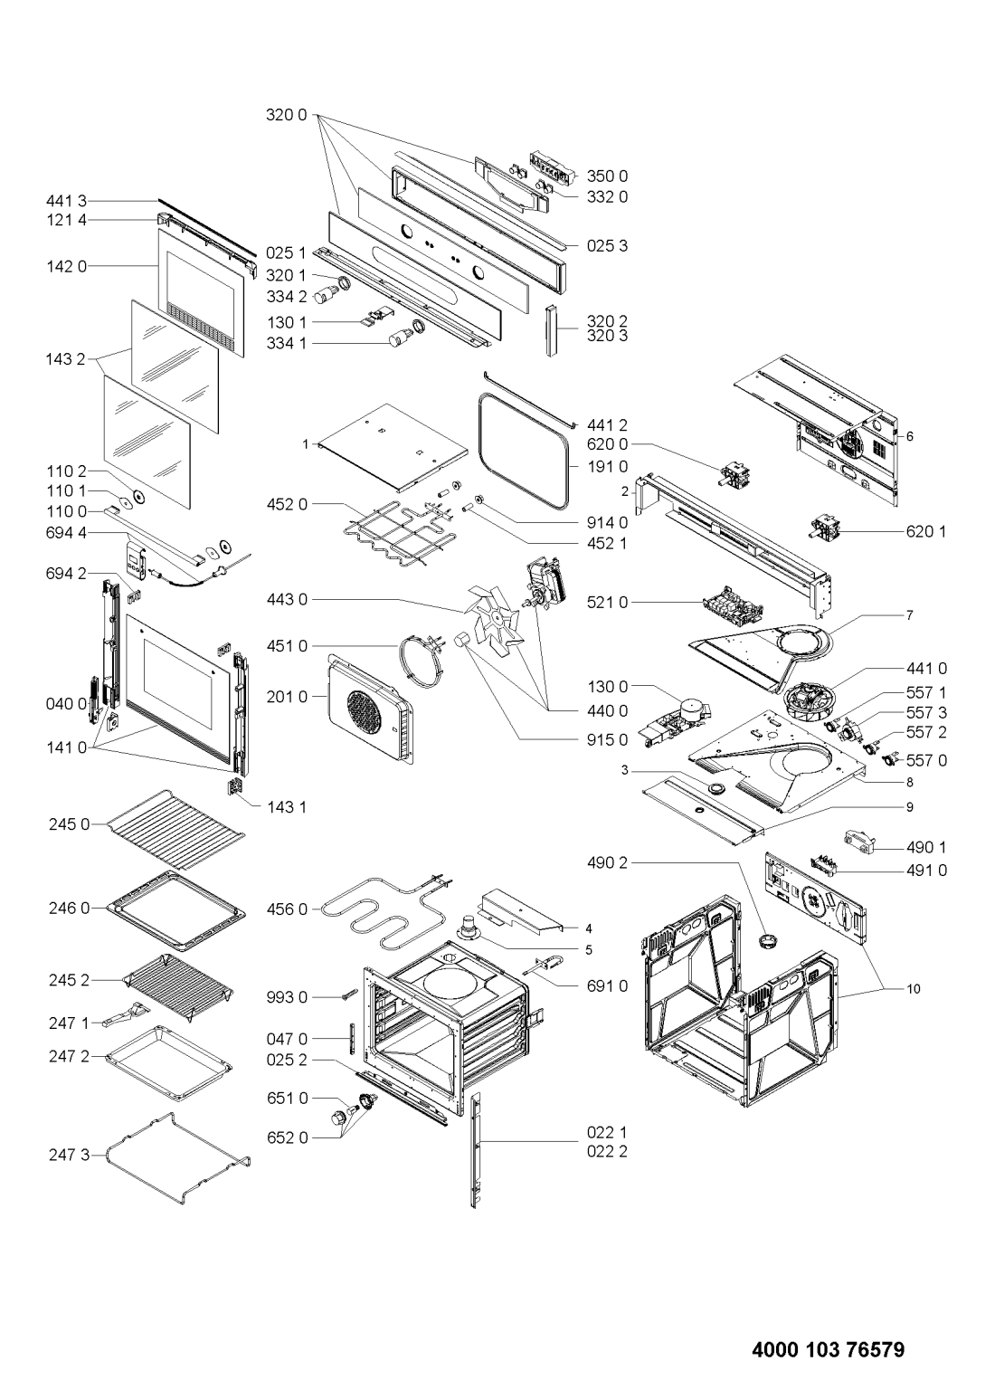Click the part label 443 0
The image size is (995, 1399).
pos(287,600)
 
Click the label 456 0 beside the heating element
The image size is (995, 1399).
pos(287,909)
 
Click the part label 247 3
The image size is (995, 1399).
pos(70,1156)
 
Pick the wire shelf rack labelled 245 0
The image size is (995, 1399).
pos(176,830)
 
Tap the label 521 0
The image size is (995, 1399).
pos(607,602)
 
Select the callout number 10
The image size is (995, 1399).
pos(913,989)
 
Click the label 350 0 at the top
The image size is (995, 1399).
pos(607,176)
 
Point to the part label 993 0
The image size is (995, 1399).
pos(287,997)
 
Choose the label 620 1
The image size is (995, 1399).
pos(926,531)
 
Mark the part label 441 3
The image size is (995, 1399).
pos(66,201)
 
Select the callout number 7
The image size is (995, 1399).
pos(909,615)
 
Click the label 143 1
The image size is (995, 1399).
pos(286,807)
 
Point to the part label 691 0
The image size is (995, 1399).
pos(607,986)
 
